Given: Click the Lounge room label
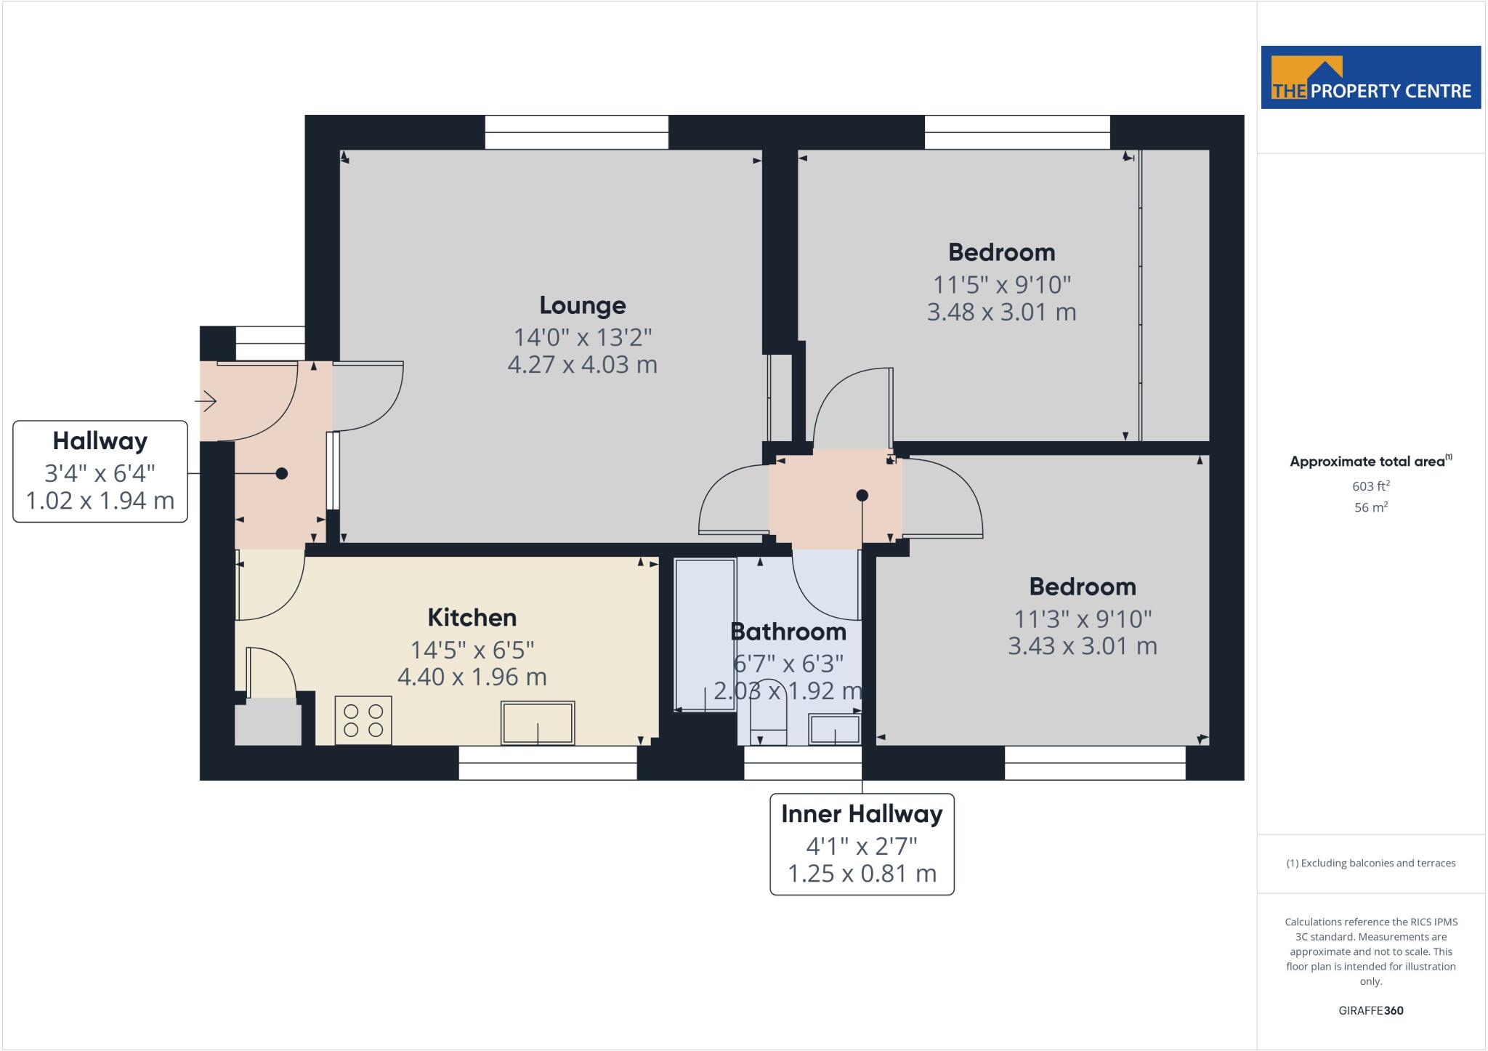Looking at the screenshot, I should (x=582, y=305).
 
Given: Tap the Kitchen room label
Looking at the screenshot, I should (x=472, y=618).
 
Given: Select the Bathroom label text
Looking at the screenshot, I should (x=788, y=632).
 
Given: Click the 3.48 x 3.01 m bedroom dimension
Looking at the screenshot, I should (x=1001, y=313).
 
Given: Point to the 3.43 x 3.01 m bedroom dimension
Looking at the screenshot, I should (x=1082, y=646).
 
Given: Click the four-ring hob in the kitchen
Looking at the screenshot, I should (x=363, y=720).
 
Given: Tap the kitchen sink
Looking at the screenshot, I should (x=538, y=723).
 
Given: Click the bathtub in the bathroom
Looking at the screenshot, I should (x=705, y=635).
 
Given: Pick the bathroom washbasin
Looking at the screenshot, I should (x=835, y=729).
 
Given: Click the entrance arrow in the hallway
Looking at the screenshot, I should (x=206, y=400).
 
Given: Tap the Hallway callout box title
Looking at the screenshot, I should (x=100, y=441).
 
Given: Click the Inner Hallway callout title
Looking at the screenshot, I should (x=862, y=814).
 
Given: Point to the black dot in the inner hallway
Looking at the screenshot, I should (x=862, y=496).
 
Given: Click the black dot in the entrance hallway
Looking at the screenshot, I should (x=282, y=474).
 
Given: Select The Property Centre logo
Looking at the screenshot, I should (x=1370, y=78).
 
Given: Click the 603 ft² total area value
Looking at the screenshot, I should (x=1370, y=486).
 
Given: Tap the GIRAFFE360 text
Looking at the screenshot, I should (x=1370, y=1010).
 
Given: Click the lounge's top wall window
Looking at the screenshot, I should (x=576, y=132).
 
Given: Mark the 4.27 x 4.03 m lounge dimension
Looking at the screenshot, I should (x=582, y=364).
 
